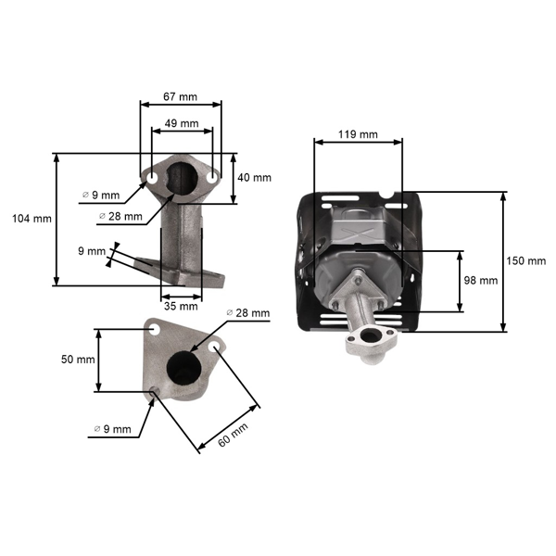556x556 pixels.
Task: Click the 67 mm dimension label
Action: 181,95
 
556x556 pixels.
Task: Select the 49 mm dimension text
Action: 181,122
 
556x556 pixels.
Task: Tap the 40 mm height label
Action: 255,178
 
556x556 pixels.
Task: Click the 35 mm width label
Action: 182,305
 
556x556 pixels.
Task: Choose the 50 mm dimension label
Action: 79,360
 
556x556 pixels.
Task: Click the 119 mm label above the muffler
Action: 358,134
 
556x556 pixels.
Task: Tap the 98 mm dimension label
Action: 483,280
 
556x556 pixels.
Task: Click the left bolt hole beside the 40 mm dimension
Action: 149,175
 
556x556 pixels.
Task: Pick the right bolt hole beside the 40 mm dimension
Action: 212,175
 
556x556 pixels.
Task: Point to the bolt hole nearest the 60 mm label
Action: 215,346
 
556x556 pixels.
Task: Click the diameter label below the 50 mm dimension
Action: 112,429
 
